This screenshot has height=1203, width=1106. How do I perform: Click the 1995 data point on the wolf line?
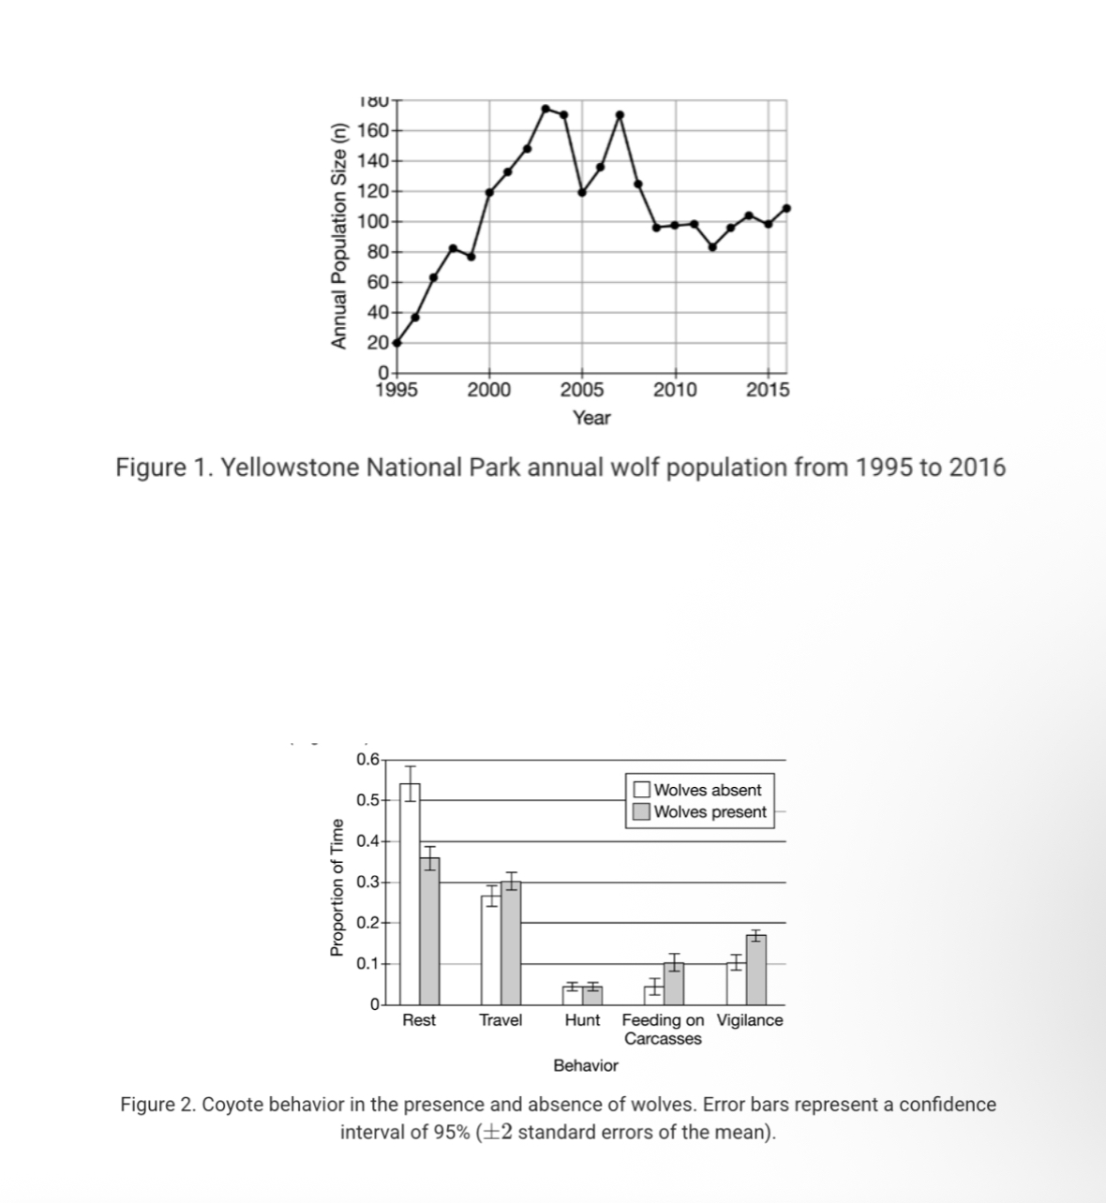[396, 342]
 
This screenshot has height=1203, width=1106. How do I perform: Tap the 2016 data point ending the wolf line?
[786, 208]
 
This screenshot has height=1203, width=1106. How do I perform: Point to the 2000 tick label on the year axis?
[488, 391]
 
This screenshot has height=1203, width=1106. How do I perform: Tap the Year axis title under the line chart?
[591, 418]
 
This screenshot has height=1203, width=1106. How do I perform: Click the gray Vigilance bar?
[756, 970]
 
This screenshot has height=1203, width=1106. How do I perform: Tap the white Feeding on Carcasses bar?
[653, 995]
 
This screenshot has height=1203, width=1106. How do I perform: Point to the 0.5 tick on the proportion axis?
[367, 800]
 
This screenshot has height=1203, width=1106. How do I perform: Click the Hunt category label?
[582, 1020]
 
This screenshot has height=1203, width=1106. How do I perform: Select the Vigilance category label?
[750, 1020]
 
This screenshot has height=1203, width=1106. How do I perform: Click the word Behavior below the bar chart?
[586, 1065]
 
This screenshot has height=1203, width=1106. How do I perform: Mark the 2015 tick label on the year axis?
[768, 391]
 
